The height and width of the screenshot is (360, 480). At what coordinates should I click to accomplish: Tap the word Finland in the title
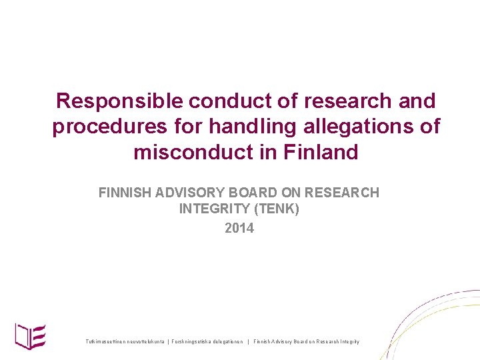pyautogui.click(x=321, y=152)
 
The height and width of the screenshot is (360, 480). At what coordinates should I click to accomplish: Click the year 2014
pyautogui.click(x=239, y=228)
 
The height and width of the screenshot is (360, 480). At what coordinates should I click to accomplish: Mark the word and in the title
pyautogui.click(x=417, y=101)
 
